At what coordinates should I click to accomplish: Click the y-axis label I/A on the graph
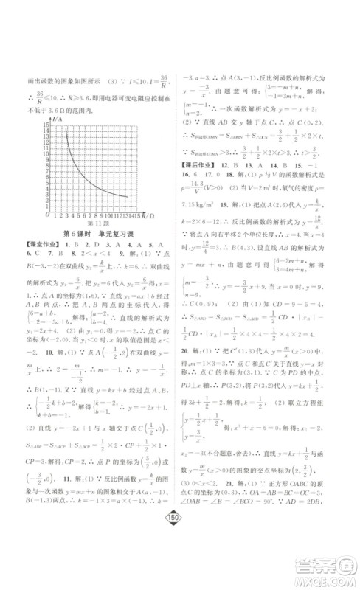57,118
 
